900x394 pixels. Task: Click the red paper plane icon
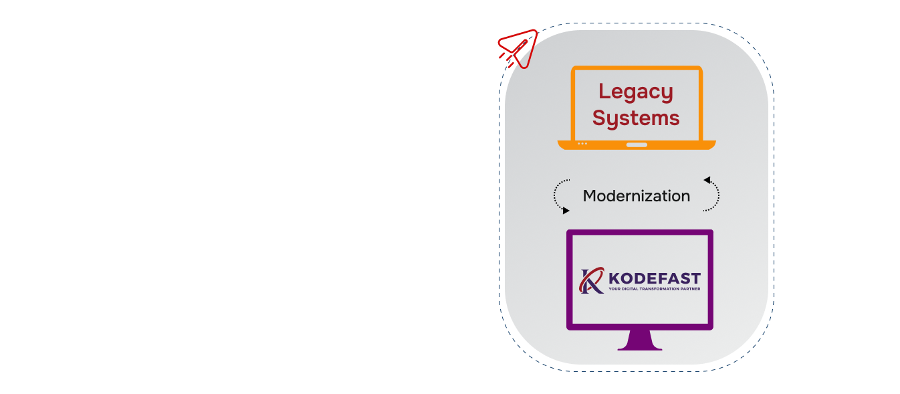(520, 48)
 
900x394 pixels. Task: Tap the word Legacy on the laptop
(635, 92)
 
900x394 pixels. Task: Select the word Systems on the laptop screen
(636, 118)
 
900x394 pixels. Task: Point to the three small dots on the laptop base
(582, 144)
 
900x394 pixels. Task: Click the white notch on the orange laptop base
(637, 144)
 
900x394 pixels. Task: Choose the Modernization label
(636, 196)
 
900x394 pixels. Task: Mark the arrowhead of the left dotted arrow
(566, 211)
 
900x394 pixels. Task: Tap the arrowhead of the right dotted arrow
(707, 180)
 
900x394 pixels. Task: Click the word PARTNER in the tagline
(689, 290)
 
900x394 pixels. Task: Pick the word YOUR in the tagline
(615, 290)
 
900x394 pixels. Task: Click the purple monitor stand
(640, 340)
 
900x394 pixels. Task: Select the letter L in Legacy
(604, 92)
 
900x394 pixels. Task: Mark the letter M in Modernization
(589, 196)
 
